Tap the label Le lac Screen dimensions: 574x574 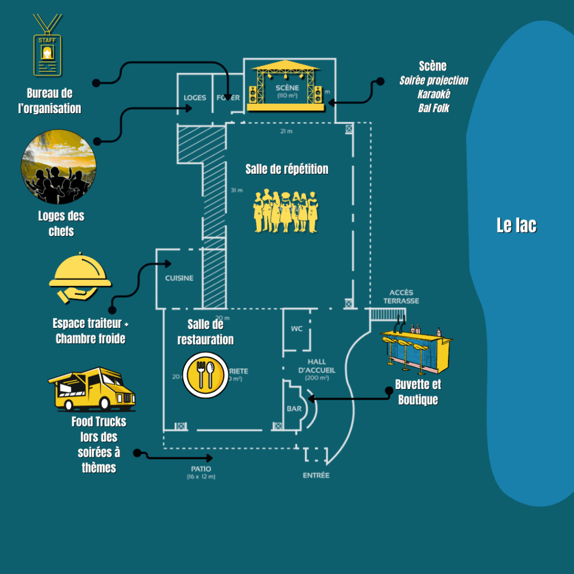[516, 225]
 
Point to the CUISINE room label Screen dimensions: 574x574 [179, 278]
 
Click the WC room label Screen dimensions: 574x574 [297, 328]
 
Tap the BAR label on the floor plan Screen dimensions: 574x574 [294, 409]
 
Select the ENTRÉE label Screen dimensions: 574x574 [316, 475]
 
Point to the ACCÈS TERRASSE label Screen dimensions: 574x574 [401, 297]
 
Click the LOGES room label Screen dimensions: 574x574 [195, 98]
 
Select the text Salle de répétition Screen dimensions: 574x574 [286, 169]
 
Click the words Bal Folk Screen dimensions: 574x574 [433, 108]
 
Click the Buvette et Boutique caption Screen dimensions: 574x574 [418, 392]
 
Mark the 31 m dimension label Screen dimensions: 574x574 [237, 190]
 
